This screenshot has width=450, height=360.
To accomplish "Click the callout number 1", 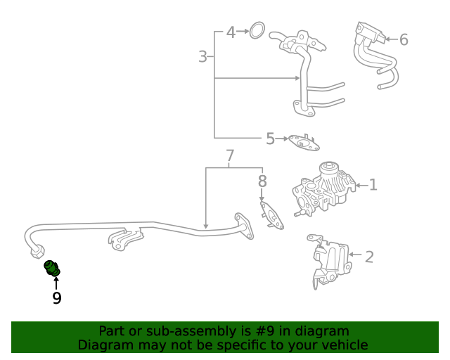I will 373,185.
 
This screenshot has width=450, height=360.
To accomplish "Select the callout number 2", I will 369,256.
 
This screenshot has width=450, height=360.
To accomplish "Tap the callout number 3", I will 202,57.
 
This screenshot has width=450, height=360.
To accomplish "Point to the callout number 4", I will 231,32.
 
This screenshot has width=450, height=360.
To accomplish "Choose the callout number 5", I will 270,139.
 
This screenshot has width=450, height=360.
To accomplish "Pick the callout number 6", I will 404,39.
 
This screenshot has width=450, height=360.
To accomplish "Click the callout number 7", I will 229,156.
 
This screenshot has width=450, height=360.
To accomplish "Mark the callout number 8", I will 262,181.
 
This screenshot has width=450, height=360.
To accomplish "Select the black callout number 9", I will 56,298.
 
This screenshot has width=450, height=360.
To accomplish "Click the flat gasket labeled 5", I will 303,143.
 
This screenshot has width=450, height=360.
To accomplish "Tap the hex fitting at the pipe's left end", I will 40,253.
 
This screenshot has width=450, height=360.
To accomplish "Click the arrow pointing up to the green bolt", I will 56,283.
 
